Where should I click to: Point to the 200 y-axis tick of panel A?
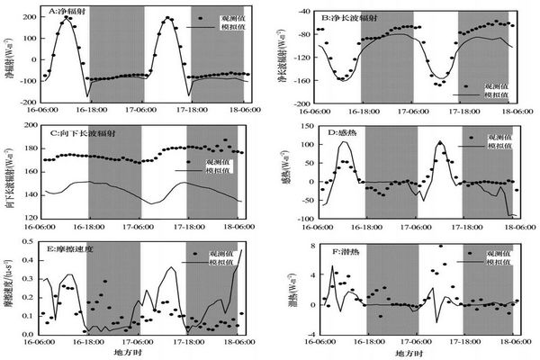(32, 18)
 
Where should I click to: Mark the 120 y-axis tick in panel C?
(30, 218)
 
